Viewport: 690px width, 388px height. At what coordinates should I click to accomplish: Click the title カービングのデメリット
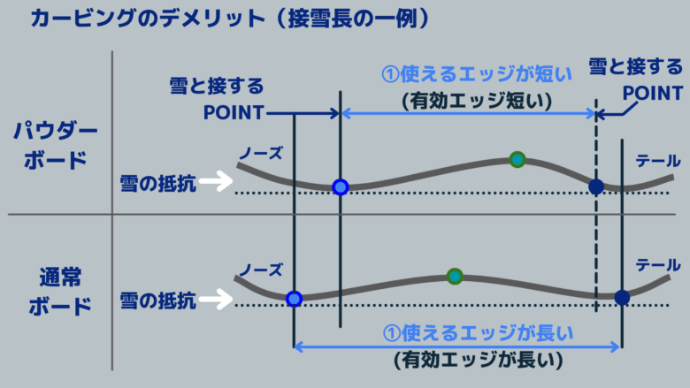[x=148, y=19]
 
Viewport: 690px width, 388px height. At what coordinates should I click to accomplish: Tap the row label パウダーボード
[x=56, y=146]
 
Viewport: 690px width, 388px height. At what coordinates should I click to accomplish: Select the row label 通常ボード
[x=60, y=292]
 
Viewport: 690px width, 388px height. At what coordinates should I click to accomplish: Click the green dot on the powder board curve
[x=517, y=159]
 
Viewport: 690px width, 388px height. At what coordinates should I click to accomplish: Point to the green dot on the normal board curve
[x=455, y=277]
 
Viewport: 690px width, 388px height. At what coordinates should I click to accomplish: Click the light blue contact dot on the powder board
[x=341, y=187]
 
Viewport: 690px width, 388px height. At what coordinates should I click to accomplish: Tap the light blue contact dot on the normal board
[x=294, y=300]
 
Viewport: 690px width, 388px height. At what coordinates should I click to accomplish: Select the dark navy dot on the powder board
[x=596, y=186]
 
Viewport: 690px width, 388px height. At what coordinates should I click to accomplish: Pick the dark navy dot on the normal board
[x=622, y=298]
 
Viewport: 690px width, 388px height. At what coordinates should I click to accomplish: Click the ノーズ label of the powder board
[x=260, y=154]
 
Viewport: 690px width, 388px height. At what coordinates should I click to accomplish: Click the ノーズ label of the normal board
[x=260, y=270]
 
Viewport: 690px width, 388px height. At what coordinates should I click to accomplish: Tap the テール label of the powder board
[x=658, y=161]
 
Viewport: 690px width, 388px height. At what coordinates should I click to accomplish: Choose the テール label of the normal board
[x=658, y=265]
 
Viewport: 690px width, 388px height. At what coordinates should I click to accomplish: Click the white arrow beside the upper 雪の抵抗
[x=216, y=181]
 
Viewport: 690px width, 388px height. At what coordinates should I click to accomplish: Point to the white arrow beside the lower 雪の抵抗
[x=216, y=300]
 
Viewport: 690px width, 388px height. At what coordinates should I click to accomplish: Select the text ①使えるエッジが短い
[x=477, y=74]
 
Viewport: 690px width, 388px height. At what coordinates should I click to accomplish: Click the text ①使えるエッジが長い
[x=478, y=333]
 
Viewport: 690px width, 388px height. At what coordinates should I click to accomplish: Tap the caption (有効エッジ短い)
[x=477, y=101]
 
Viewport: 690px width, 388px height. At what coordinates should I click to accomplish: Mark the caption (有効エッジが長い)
[x=478, y=360]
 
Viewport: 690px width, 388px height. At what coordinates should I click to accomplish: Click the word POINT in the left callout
[x=234, y=113]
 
